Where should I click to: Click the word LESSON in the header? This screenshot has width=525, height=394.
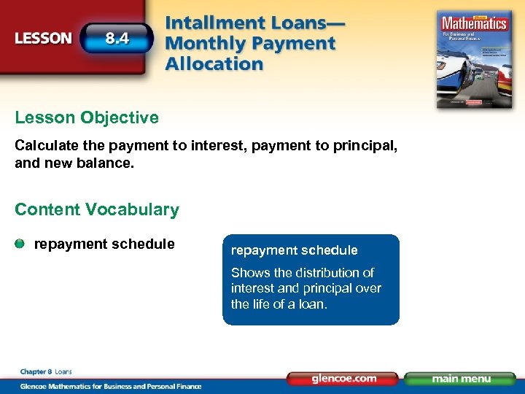point(43,38)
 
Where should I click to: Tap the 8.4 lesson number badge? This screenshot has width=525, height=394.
point(117,38)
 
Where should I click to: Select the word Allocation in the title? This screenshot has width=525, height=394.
point(214,63)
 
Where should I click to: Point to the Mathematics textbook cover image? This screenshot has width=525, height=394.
point(472,58)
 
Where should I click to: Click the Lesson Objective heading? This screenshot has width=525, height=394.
point(87,117)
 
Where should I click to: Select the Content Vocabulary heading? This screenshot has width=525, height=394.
point(97,209)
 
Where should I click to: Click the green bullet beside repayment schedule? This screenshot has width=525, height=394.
point(21,244)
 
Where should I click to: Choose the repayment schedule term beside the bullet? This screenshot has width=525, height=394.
point(104,244)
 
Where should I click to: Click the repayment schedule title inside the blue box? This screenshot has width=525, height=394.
point(294,250)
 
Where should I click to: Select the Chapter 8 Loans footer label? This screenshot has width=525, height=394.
point(47,372)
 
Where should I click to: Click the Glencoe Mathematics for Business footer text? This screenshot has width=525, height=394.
point(109,386)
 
